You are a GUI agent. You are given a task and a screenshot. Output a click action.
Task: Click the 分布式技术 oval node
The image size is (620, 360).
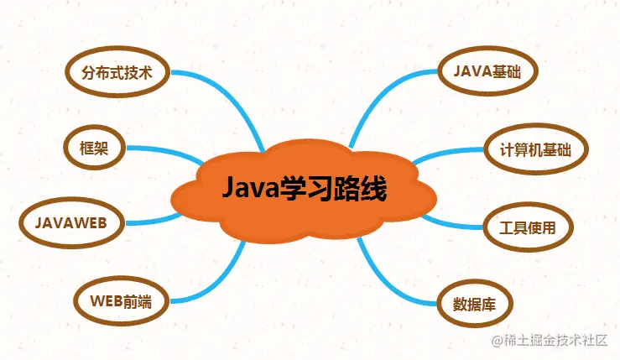click(x=117, y=72)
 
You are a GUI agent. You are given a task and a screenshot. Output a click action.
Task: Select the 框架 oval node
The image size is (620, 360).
click(x=95, y=148)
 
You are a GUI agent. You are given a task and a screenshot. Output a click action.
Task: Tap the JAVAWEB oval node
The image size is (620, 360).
click(x=71, y=222)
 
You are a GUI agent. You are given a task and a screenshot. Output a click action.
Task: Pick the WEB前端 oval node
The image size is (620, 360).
click(x=122, y=301)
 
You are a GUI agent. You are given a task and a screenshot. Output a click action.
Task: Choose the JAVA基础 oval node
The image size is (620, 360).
click(x=487, y=71)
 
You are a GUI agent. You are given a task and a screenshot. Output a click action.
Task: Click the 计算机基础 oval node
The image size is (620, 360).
click(x=536, y=149)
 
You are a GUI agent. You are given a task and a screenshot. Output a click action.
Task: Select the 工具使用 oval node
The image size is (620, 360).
click(x=528, y=227)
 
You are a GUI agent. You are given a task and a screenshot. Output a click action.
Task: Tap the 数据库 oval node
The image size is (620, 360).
click(x=475, y=304)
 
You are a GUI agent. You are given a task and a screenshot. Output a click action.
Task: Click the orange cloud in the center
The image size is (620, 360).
click(x=304, y=190)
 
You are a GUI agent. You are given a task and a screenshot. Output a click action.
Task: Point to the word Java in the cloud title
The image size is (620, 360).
click(x=250, y=188)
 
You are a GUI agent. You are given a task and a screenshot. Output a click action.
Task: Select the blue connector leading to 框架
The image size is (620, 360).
click(x=166, y=151)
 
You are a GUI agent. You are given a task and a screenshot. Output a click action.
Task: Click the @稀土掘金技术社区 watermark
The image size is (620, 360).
click(x=550, y=340)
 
